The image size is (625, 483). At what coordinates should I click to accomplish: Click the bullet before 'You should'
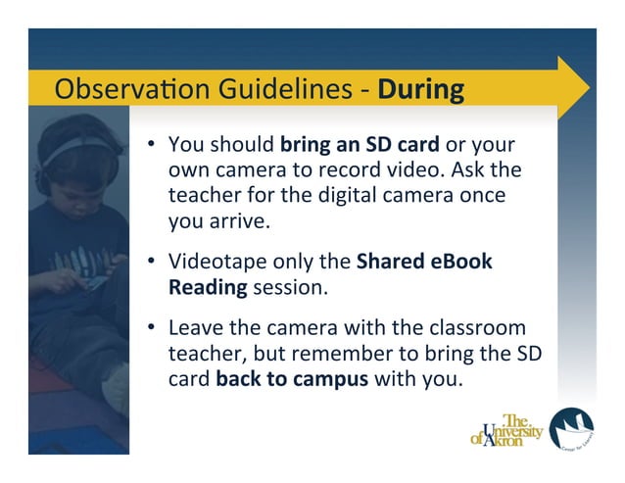(153, 146)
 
